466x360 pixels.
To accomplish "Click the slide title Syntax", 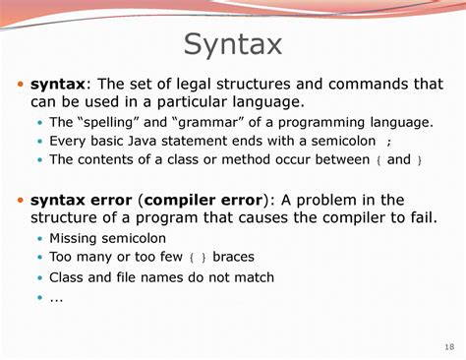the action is pos(233,45).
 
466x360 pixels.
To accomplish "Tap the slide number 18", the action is pos(449,347).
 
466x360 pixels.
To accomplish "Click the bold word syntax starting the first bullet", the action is pos(58,84).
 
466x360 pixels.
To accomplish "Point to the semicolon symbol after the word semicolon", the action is pos(389,143).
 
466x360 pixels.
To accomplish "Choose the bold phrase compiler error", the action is pos(204,201).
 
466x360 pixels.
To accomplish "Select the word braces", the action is pos(233,257).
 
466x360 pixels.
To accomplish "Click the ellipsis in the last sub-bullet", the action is pos(56,300).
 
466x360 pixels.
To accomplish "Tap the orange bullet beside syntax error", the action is pos(21,200).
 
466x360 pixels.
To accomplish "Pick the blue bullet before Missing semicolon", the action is pos(40,238).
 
